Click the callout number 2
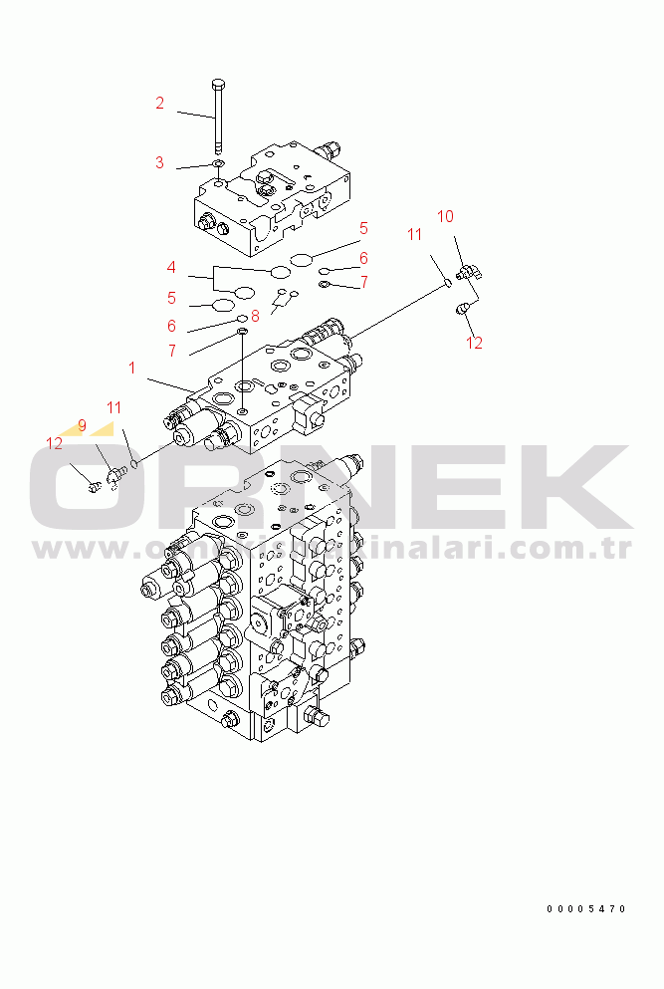(159, 103)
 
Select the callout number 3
(159, 163)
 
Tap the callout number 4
(171, 268)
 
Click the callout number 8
(255, 316)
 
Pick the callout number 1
(131, 369)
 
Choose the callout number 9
(82, 426)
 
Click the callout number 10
(445, 216)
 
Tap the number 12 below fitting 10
(474, 343)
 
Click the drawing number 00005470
(586, 908)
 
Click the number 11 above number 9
(114, 407)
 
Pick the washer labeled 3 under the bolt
(217, 163)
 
